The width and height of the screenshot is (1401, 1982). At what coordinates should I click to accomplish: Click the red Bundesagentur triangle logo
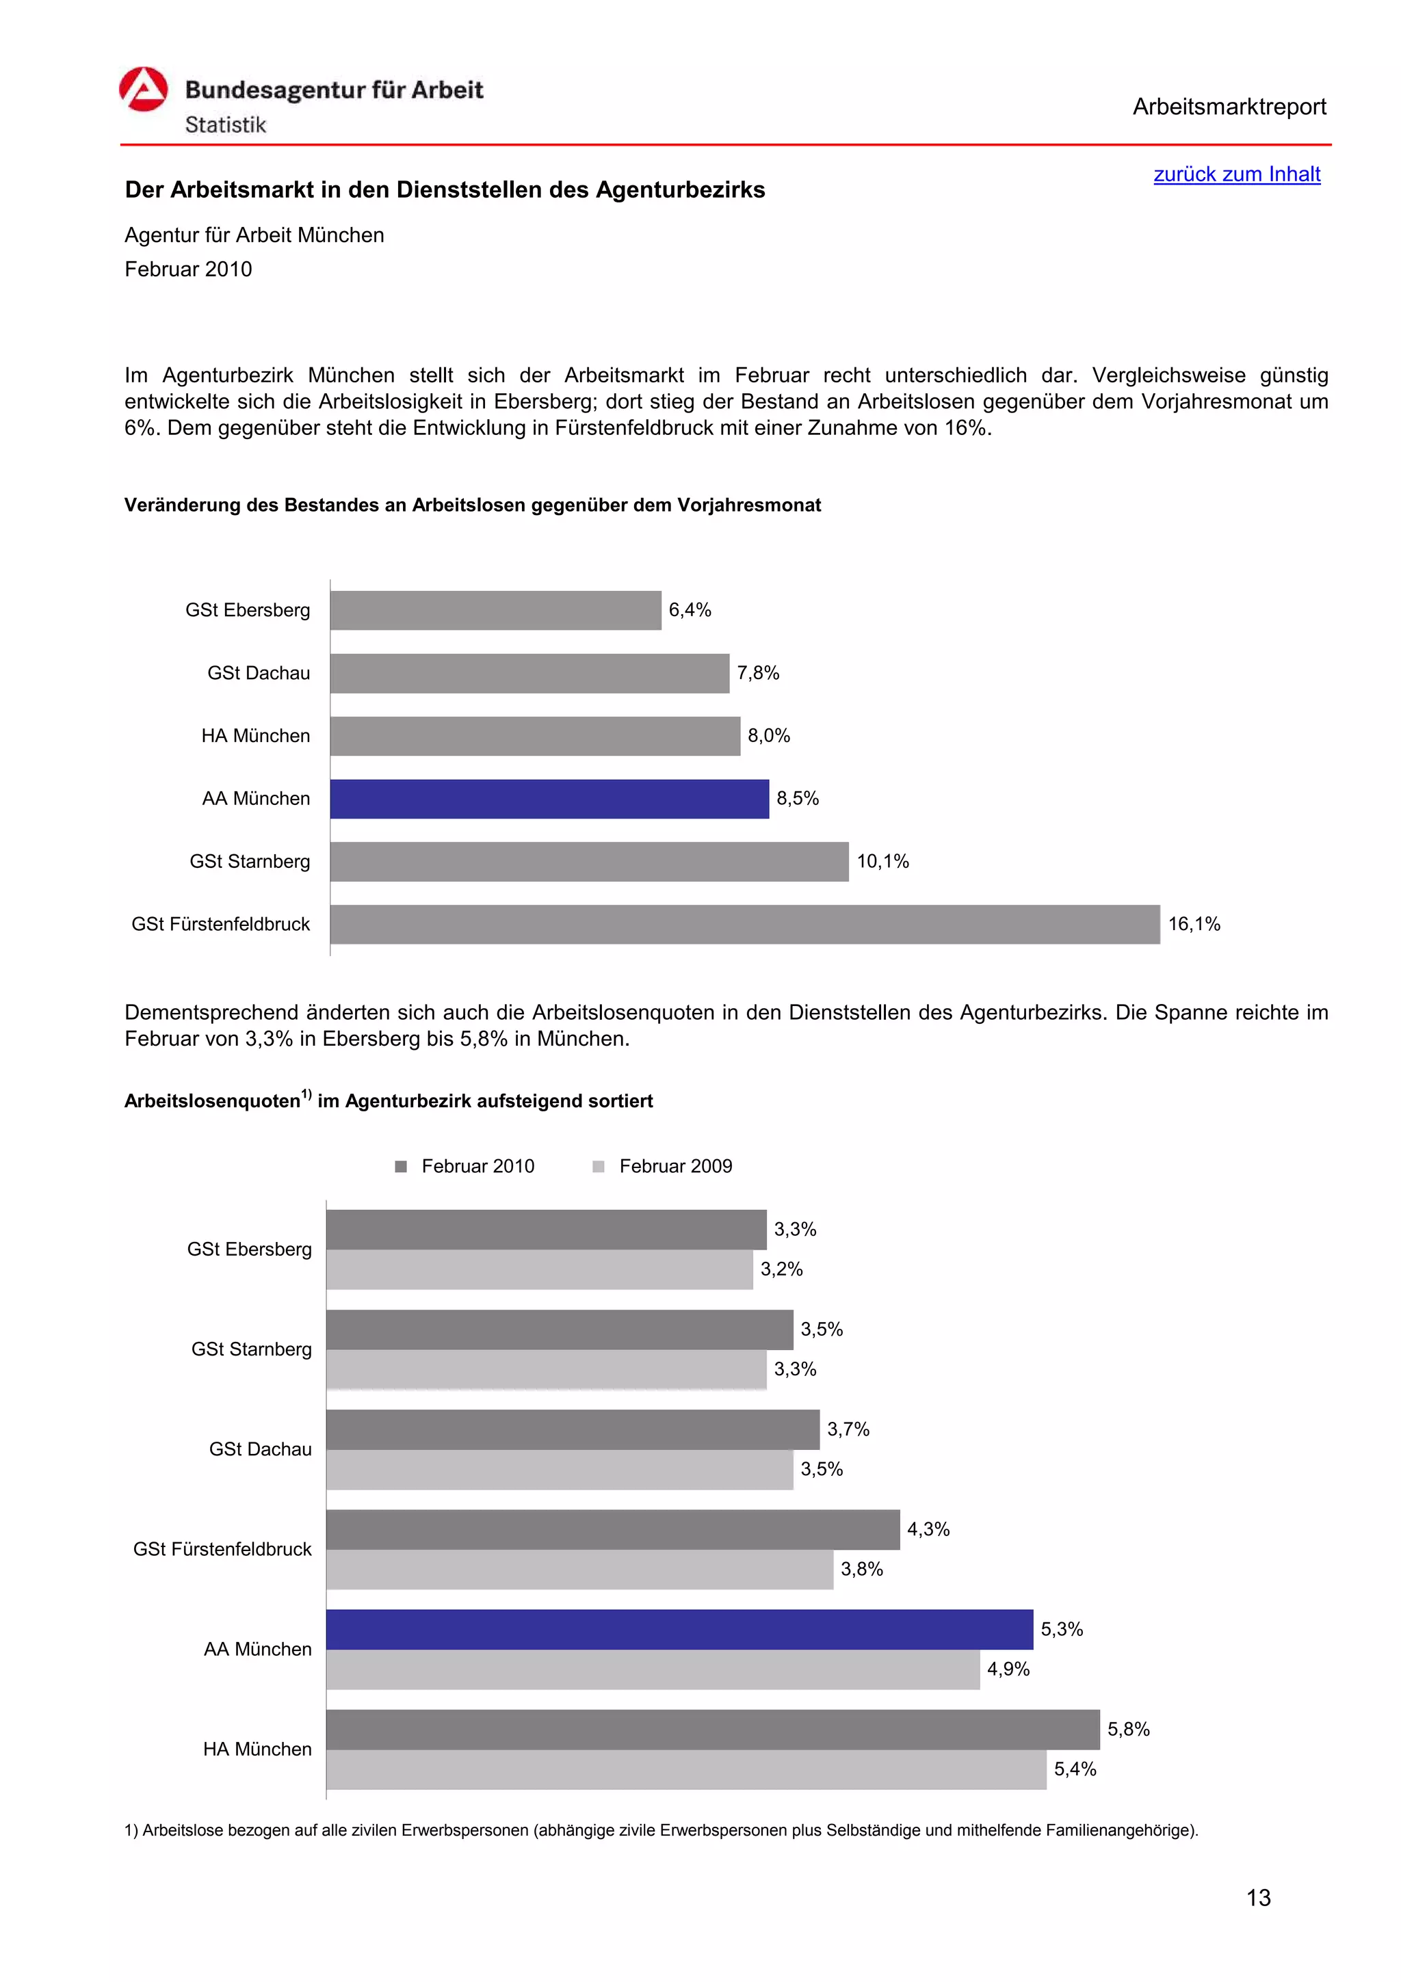(x=142, y=90)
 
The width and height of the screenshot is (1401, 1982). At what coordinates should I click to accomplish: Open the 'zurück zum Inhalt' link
(x=1236, y=174)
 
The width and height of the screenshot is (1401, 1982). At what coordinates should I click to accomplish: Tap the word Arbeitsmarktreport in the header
(x=1229, y=107)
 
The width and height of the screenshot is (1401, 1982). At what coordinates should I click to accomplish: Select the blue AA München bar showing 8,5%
(x=549, y=799)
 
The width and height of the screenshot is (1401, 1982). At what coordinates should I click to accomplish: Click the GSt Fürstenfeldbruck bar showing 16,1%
(x=744, y=924)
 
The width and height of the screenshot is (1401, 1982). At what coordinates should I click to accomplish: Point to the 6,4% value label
(x=690, y=610)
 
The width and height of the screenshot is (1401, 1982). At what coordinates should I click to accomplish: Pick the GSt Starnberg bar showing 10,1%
(x=589, y=862)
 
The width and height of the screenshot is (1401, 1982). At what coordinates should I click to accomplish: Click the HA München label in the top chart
(x=256, y=735)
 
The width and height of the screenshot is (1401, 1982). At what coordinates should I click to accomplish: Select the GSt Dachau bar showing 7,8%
(x=529, y=674)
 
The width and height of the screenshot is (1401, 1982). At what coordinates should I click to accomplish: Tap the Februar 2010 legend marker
(x=401, y=1166)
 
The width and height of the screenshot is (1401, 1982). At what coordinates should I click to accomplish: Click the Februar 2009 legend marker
(x=598, y=1166)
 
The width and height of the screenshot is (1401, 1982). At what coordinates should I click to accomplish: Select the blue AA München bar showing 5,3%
(x=679, y=1629)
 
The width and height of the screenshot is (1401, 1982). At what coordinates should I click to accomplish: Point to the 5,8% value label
(x=1128, y=1729)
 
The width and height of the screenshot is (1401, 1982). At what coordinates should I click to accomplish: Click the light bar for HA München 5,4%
(x=686, y=1770)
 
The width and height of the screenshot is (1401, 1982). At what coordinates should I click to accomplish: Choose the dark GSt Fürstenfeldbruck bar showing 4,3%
(x=613, y=1530)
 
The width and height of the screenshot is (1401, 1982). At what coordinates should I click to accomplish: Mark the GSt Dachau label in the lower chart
(x=260, y=1449)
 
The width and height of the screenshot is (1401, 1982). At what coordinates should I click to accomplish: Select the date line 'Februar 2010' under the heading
(x=188, y=269)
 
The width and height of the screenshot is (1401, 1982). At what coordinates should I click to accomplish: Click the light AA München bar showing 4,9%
(x=653, y=1669)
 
